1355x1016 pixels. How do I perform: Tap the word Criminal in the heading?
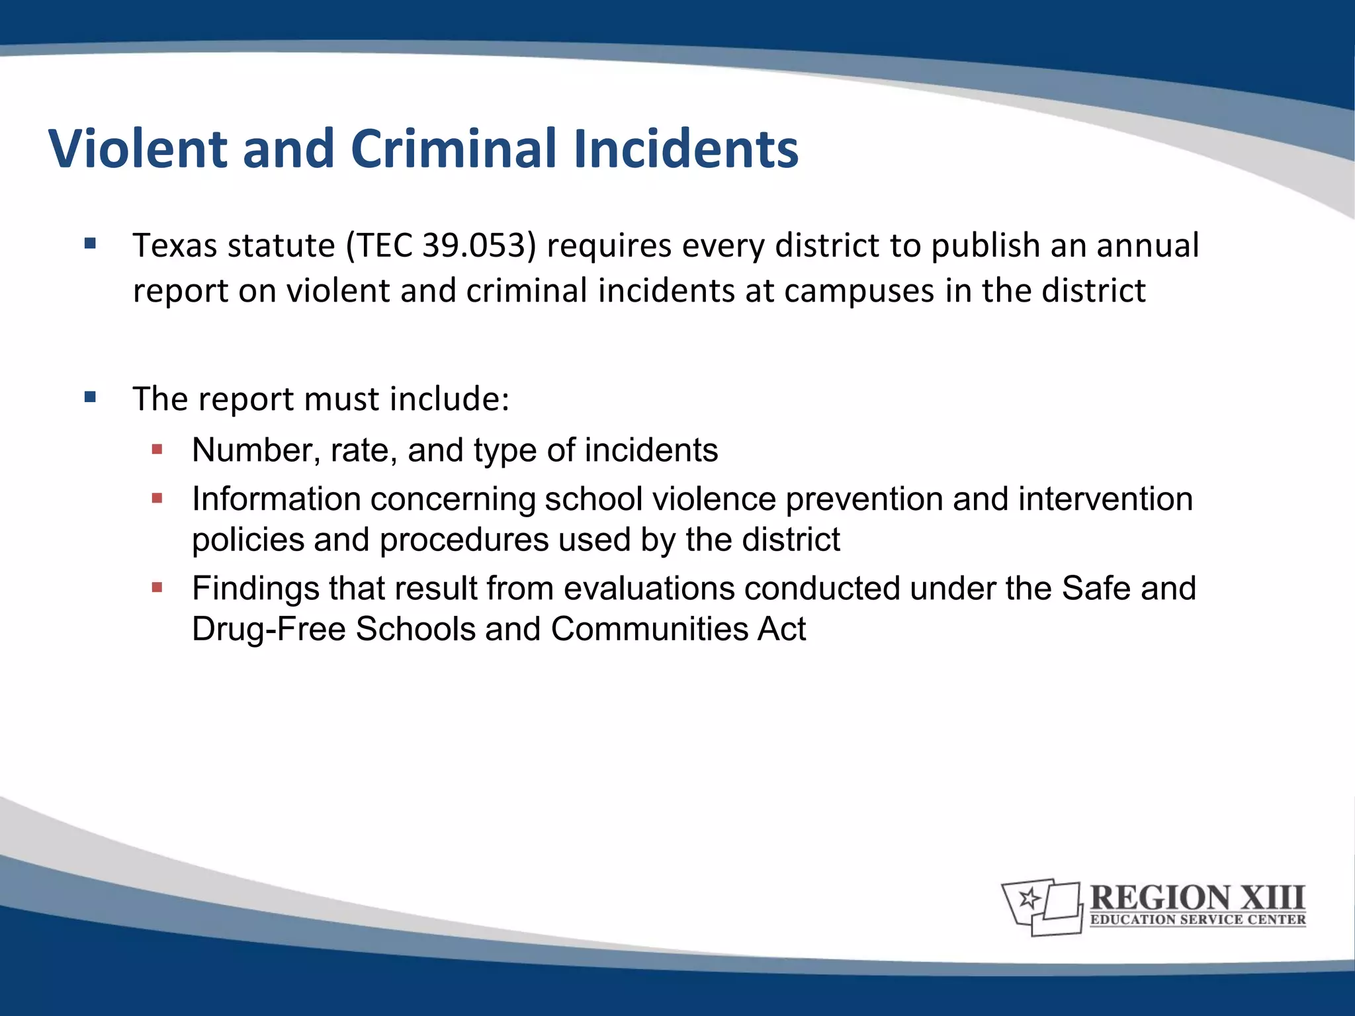456,149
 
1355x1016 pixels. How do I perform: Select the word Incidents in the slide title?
686,149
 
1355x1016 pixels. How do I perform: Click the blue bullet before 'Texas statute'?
91,244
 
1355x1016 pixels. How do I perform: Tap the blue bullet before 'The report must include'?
91,398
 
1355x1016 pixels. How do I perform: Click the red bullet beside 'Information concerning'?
157,499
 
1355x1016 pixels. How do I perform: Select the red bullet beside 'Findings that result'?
157,587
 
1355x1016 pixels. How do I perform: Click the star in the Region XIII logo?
1029,898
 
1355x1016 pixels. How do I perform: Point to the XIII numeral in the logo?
1271,898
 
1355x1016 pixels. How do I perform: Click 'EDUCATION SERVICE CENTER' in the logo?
1198,919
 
